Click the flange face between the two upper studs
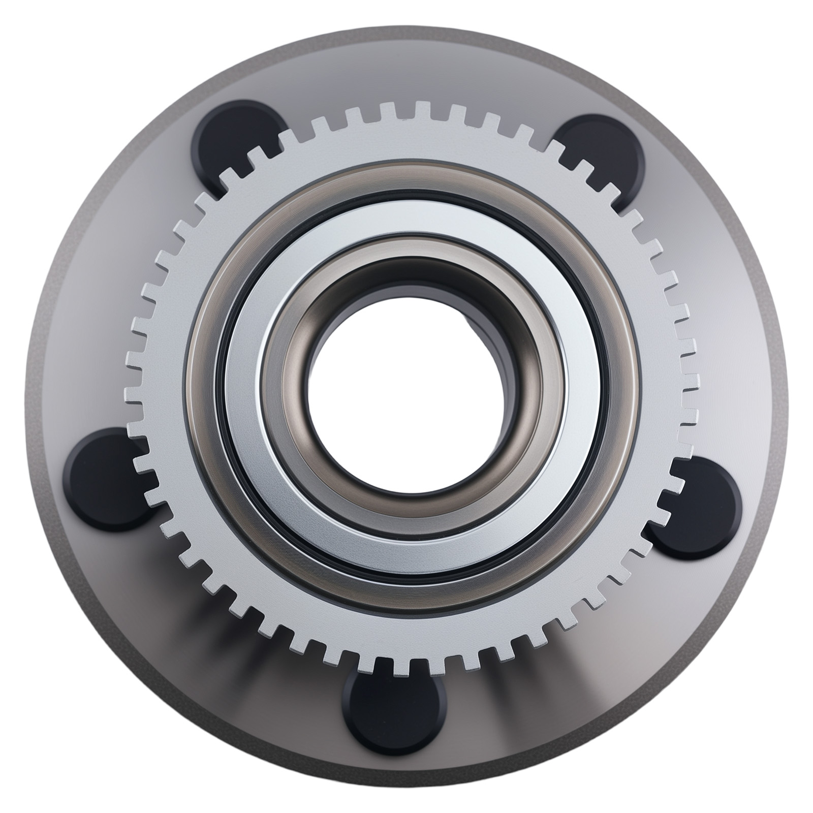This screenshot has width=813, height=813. [x=417, y=76]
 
